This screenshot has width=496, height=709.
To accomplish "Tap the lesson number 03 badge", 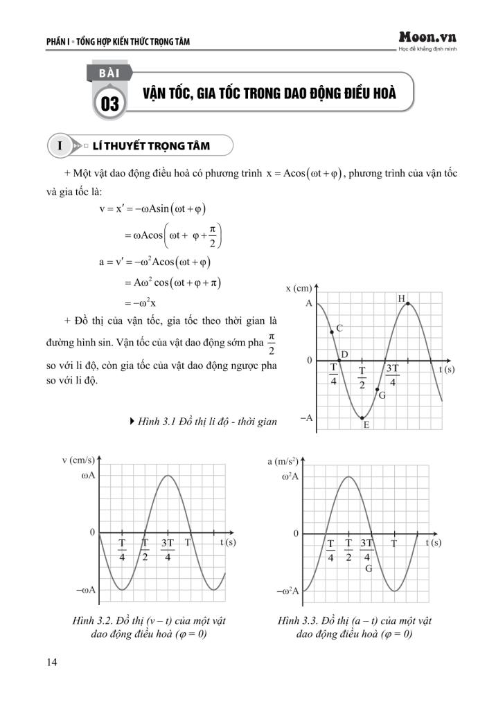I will (x=110, y=105).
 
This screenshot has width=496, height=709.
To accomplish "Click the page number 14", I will (x=52, y=663).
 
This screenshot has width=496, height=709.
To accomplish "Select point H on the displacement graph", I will (x=408, y=303).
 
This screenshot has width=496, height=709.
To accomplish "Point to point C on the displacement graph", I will (x=332, y=332).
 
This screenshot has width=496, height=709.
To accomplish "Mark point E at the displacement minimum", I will (x=362, y=418).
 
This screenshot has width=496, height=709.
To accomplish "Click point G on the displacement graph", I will (x=377, y=390).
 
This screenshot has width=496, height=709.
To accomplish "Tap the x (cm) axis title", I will (x=299, y=288).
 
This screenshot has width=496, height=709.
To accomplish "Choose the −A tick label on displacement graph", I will (x=305, y=418).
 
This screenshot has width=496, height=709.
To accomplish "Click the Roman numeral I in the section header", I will (x=61, y=146).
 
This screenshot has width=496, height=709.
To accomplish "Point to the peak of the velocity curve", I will (x=168, y=475).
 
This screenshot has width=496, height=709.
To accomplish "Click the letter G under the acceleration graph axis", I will (x=369, y=568).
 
